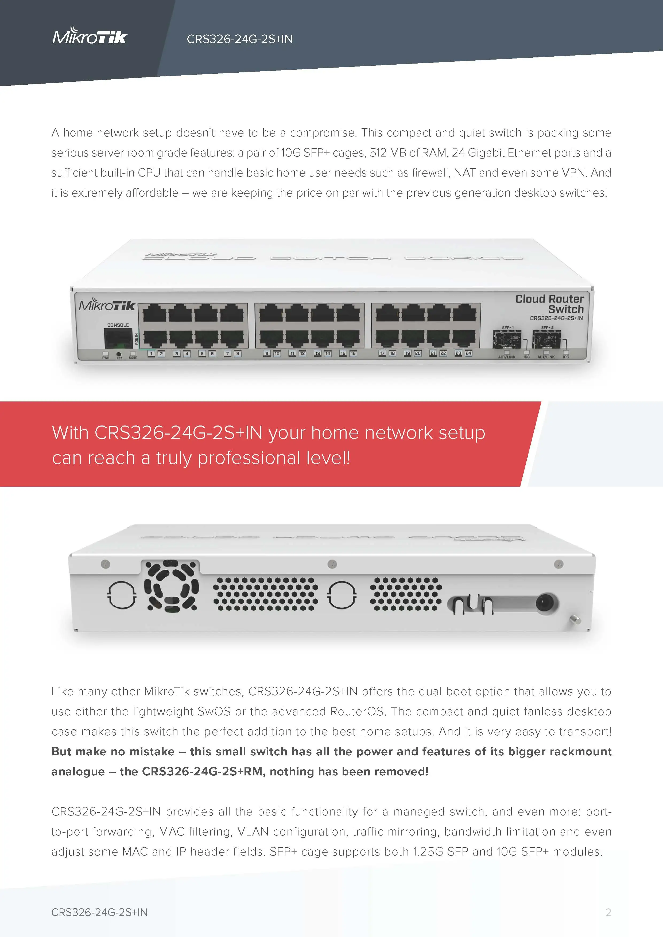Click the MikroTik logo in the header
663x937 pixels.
point(90,36)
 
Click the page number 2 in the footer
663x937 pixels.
point(608,912)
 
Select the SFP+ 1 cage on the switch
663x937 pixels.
point(507,339)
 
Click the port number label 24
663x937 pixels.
point(468,353)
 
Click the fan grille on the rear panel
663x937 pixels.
point(171,585)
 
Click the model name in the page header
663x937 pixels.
point(240,39)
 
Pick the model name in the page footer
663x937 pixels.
point(99,912)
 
